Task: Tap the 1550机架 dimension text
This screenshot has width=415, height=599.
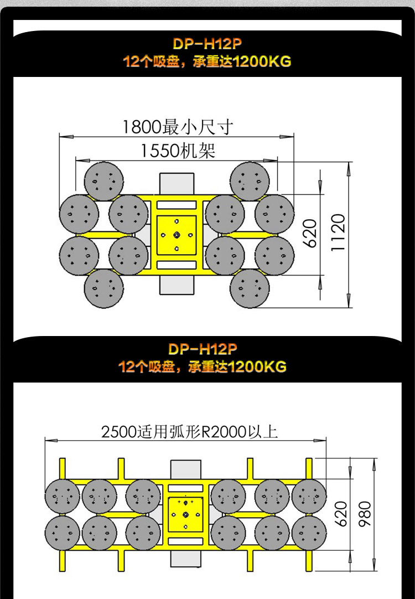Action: tap(178, 151)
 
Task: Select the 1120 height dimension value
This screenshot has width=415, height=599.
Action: tap(338, 233)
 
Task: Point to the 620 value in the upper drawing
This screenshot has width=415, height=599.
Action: tap(311, 234)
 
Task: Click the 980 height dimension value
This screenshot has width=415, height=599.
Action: tap(365, 514)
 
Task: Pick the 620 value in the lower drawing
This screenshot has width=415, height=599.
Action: tap(341, 514)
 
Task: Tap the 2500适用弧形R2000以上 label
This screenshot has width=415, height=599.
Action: tap(189, 432)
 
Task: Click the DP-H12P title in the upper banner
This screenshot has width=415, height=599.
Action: tap(207, 44)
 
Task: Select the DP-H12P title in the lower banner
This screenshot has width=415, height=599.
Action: tap(203, 349)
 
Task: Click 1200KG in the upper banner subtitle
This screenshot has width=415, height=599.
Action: tap(262, 61)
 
